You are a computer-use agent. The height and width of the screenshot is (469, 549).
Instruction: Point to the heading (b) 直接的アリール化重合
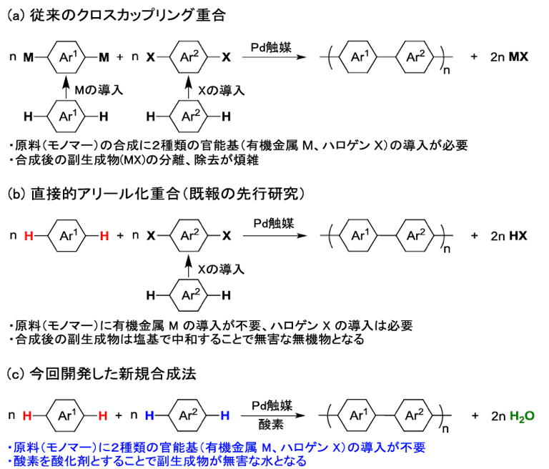click(x=157, y=194)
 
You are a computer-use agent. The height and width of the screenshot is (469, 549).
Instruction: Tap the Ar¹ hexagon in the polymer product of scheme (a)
click(x=358, y=56)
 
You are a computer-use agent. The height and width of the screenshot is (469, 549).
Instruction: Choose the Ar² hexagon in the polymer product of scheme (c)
click(x=420, y=415)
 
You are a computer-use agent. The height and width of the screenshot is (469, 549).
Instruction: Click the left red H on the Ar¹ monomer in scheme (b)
click(x=28, y=235)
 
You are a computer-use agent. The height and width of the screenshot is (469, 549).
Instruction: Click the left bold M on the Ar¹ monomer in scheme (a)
click(x=29, y=56)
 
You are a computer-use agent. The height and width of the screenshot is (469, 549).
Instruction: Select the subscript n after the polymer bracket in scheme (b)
click(x=449, y=248)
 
